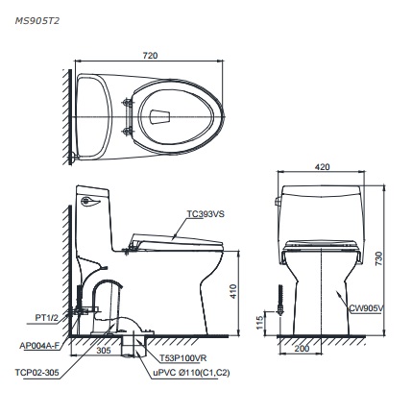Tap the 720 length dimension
pos(150,56)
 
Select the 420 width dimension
pos(323,167)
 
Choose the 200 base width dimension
pos(303,348)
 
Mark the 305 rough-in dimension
pos(103,351)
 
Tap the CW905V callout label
pos(365,308)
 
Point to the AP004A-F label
pos(40,342)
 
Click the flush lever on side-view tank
pos(89,201)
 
